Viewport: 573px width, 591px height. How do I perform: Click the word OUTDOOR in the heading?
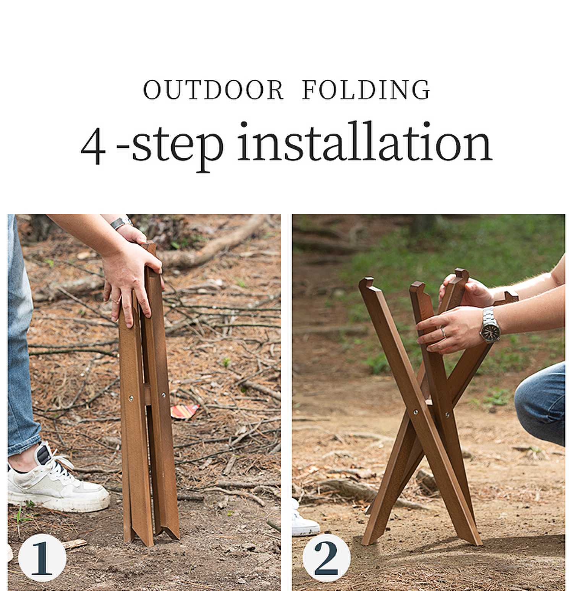click(213, 90)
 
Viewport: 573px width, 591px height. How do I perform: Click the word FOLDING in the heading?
click(366, 90)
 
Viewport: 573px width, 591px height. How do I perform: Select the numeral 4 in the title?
click(93, 146)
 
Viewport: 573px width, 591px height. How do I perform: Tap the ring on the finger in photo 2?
click(444, 332)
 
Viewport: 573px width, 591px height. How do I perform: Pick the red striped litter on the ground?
click(185, 411)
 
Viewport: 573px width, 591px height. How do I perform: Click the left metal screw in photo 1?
click(131, 398)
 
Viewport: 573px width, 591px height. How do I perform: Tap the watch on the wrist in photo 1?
click(121, 223)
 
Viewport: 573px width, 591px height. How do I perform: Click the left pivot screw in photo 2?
click(416, 412)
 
